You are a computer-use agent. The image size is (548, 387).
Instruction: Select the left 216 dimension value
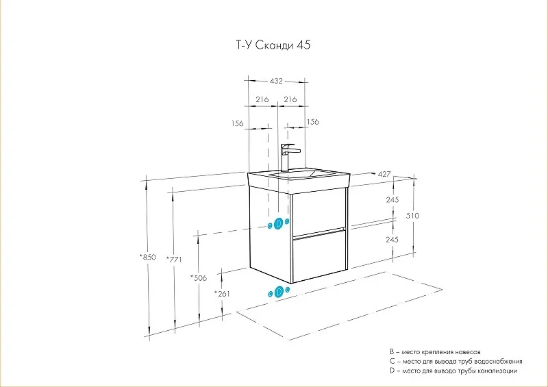click(x=261, y=99)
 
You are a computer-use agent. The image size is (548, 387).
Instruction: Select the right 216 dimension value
click(x=290, y=99)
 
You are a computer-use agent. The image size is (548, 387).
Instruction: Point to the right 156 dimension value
click(x=313, y=122)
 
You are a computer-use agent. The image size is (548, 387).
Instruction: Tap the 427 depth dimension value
click(x=384, y=174)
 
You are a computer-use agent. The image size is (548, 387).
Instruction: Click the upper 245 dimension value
click(x=392, y=200)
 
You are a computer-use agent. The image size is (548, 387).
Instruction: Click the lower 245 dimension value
click(x=392, y=240)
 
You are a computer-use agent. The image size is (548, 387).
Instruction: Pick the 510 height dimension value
click(x=412, y=216)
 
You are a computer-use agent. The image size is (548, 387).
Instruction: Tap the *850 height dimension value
click(x=147, y=258)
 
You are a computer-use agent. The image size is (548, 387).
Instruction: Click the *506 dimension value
click(x=199, y=277)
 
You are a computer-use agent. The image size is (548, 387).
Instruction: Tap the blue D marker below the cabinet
click(x=278, y=291)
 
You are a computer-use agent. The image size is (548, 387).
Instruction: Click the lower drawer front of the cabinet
click(x=318, y=257)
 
